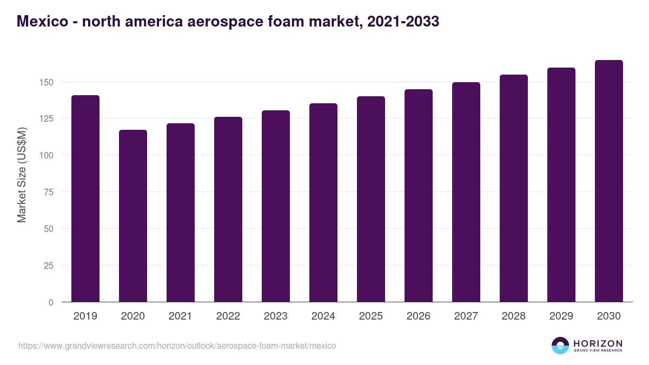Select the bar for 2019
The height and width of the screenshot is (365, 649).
(x=85, y=198)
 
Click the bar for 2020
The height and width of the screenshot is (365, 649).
(x=133, y=216)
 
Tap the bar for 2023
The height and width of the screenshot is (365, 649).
(x=276, y=206)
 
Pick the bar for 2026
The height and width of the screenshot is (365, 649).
(x=419, y=195)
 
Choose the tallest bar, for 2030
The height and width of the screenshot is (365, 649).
(x=609, y=181)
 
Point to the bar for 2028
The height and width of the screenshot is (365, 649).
(x=514, y=188)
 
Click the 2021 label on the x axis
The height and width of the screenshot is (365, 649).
(x=181, y=316)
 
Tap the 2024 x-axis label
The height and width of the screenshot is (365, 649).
(x=323, y=316)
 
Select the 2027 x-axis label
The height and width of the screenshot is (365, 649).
(x=466, y=316)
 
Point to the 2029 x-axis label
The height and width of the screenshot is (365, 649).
(x=561, y=316)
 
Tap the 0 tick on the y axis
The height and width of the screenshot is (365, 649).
(x=51, y=302)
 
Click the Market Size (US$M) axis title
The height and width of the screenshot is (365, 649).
(x=22, y=174)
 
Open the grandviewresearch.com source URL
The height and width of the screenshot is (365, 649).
(x=177, y=346)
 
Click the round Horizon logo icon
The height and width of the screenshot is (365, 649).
(x=560, y=346)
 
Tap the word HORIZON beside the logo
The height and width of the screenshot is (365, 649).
(x=598, y=343)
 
